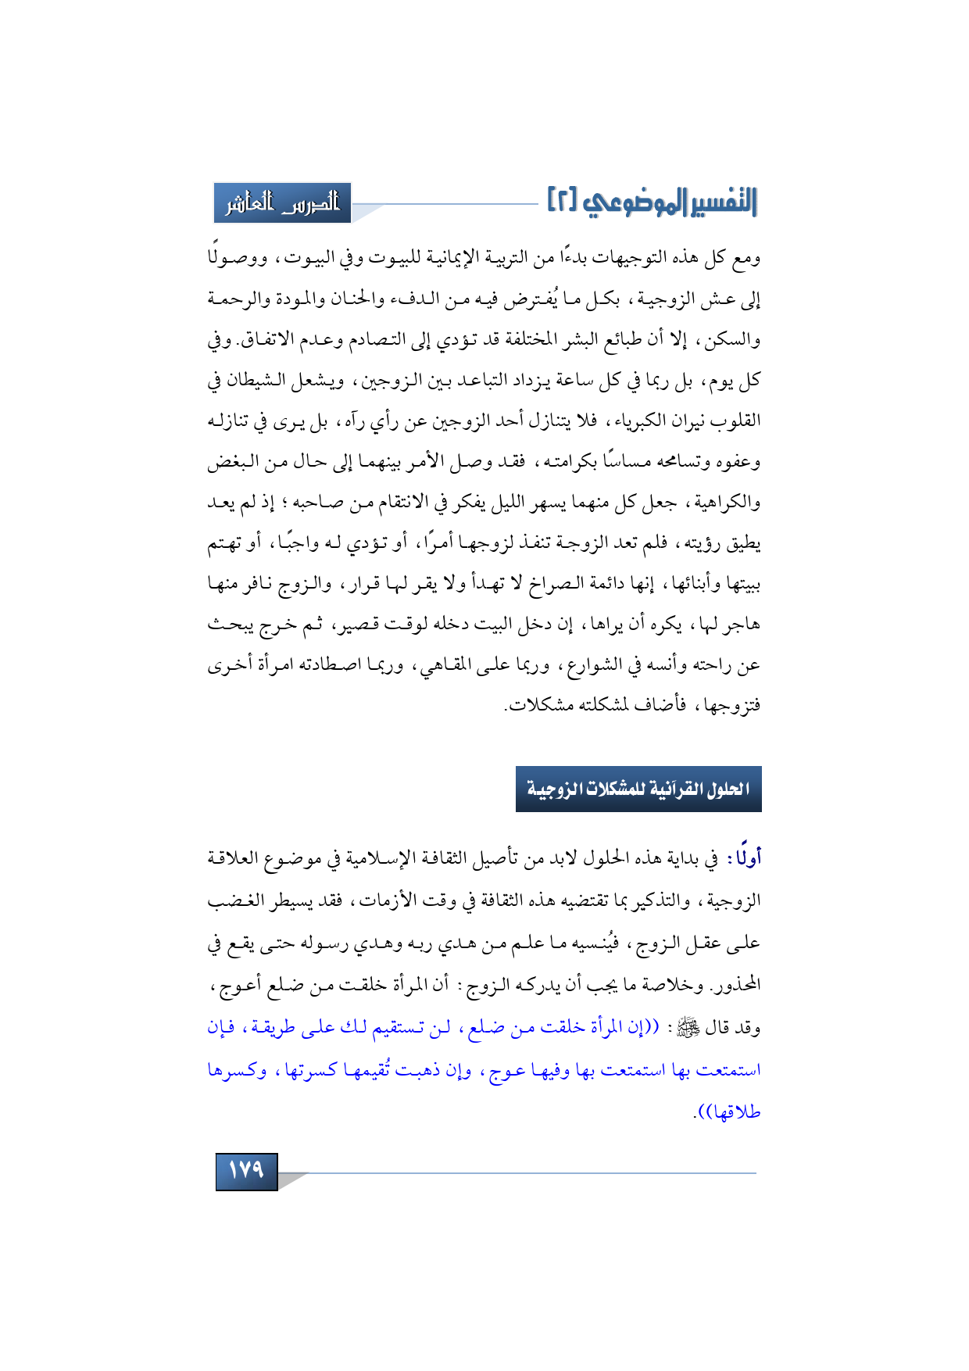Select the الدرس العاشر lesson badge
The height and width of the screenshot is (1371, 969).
(x=283, y=203)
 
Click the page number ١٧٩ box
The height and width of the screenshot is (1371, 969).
(x=246, y=1170)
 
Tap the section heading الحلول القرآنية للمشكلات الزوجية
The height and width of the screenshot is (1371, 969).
(x=638, y=789)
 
